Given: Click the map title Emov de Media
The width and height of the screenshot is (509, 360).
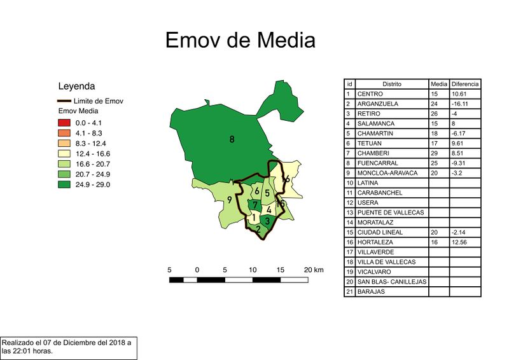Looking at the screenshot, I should [x=240, y=40].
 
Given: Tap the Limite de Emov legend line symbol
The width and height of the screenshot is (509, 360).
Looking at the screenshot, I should [x=64, y=101].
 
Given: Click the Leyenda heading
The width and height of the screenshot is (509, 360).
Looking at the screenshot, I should [x=76, y=86].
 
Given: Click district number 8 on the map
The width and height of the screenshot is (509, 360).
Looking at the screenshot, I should [x=232, y=139].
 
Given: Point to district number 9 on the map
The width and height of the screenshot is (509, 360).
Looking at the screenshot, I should [x=229, y=201].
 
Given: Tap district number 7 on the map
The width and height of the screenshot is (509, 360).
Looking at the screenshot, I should [x=254, y=205].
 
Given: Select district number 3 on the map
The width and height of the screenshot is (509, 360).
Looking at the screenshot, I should [x=268, y=221].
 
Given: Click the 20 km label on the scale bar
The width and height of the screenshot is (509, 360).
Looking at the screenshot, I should [x=314, y=270].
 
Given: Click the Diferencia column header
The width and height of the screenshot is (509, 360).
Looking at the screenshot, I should [x=465, y=84].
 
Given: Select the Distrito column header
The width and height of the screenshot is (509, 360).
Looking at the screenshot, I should [x=392, y=84].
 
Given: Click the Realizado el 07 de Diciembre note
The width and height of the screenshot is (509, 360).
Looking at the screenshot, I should [x=67, y=347].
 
